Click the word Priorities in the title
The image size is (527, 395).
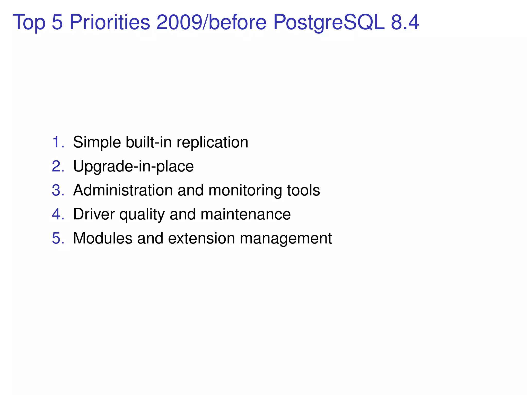pyautogui.click(x=110, y=22)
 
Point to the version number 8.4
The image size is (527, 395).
pyautogui.click(x=405, y=22)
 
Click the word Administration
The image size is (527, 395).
pyautogui.click(x=123, y=190)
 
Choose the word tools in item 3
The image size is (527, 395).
pyautogui.click(x=303, y=190)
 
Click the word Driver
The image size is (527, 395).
pyautogui.click(x=94, y=214)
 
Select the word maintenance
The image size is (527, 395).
pyautogui.click(x=245, y=214)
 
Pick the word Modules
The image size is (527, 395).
pyautogui.click(x=103, y=238)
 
